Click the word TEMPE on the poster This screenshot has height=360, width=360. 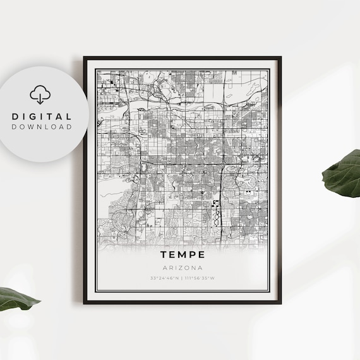click(x=182, y=255)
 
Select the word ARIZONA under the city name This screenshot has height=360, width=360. click(x=182, y=267)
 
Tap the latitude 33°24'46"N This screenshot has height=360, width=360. click(x=164, y=277)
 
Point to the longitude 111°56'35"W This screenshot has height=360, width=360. click(x=200, y=277)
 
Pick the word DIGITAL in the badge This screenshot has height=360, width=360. click(x=42, y=116)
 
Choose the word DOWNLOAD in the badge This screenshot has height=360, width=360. click(x=42, y=126)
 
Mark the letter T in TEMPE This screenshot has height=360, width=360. click(x=163, y=255)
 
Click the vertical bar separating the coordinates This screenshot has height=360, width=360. click(x=182, y=277)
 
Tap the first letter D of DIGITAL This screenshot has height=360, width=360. click(x=15, y=116)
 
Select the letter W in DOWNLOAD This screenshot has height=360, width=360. click(x=35, y=126)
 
